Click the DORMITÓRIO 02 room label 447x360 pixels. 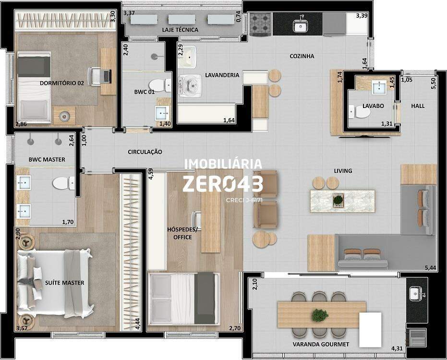coord(62,83)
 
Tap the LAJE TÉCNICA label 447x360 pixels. coord(180,30)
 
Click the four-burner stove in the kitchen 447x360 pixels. coord(260,24)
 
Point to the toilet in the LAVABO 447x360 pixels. coord(359,112)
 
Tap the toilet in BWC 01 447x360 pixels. coord(159,85)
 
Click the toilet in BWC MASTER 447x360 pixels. coord(63,183)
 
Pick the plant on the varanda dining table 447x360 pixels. coord(320,315)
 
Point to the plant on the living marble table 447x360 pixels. coord(338,200)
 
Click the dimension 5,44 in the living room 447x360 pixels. coord(430,268)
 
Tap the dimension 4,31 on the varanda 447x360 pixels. coord(397,348)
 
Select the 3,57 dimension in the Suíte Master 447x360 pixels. coord(22,328)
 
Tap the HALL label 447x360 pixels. coord(418,106)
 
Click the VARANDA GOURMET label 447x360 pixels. coord(321,344)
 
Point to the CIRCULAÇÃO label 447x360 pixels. coord(145,152)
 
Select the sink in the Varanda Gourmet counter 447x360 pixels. coord(416,294)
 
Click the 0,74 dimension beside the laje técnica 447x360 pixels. coord(238,16)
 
